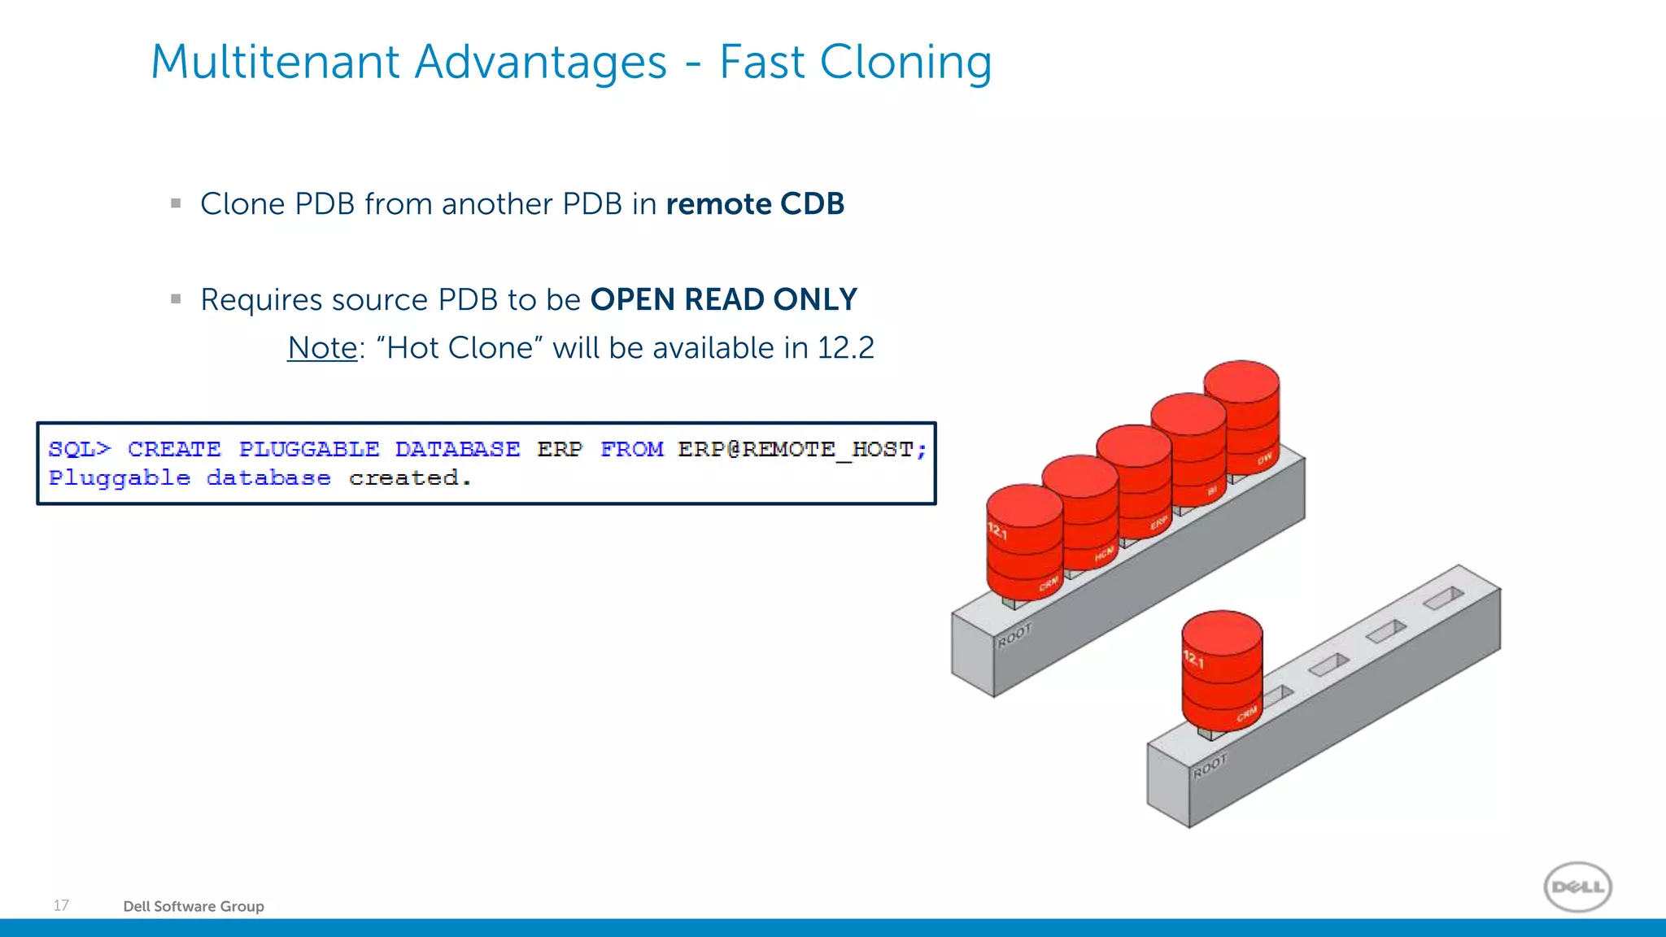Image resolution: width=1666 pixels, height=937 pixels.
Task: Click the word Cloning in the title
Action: click(905, 63)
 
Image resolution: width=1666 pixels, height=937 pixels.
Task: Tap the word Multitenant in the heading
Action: click(277, 63)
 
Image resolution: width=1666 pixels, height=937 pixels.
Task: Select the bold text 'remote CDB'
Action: click(755, 204)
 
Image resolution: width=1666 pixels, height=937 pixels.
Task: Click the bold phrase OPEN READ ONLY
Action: click(723, 300)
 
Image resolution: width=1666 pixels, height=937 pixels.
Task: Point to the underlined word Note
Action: click(322, 348)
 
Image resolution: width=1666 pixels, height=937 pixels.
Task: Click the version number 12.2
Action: click(845, 348)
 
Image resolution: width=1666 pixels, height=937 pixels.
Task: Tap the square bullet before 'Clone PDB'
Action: click(176, 204)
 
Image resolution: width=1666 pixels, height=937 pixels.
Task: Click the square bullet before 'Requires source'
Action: click(176, 299)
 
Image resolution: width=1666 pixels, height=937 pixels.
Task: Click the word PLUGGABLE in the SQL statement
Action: click(309, 449)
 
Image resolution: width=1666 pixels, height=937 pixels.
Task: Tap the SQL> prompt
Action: click(79, 449)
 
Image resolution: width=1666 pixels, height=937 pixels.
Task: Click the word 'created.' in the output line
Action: click(410, 478)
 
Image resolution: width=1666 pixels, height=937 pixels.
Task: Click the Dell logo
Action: click(1577, 887)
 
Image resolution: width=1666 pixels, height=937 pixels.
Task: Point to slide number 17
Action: click(61, 905)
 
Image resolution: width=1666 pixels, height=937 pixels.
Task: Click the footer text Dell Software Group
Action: click(194, 906)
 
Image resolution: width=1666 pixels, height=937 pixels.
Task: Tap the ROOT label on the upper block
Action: click(1014, 635)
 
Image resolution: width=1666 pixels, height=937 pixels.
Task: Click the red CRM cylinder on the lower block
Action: click(1221, 671)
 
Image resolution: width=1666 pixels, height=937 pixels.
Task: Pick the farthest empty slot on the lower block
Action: click(1443, 599)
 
